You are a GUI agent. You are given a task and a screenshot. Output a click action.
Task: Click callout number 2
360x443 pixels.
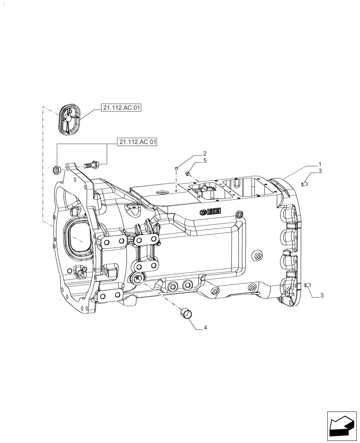(205, 154)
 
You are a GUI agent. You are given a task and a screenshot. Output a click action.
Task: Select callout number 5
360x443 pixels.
(205, 161)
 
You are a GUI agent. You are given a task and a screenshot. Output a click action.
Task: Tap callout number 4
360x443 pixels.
(205, 328)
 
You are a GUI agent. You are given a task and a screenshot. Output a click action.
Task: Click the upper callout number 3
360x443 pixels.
(320, 171)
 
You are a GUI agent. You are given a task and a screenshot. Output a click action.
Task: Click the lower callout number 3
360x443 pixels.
(322, 295)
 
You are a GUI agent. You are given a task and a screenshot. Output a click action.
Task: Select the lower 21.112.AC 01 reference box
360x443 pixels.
(138, 142)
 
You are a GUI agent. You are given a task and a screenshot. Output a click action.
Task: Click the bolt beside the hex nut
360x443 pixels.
(91, 165)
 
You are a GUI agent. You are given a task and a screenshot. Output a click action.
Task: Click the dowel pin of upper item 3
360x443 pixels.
(305, 183)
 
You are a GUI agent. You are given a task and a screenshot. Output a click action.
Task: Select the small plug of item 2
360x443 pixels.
(176, 168)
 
